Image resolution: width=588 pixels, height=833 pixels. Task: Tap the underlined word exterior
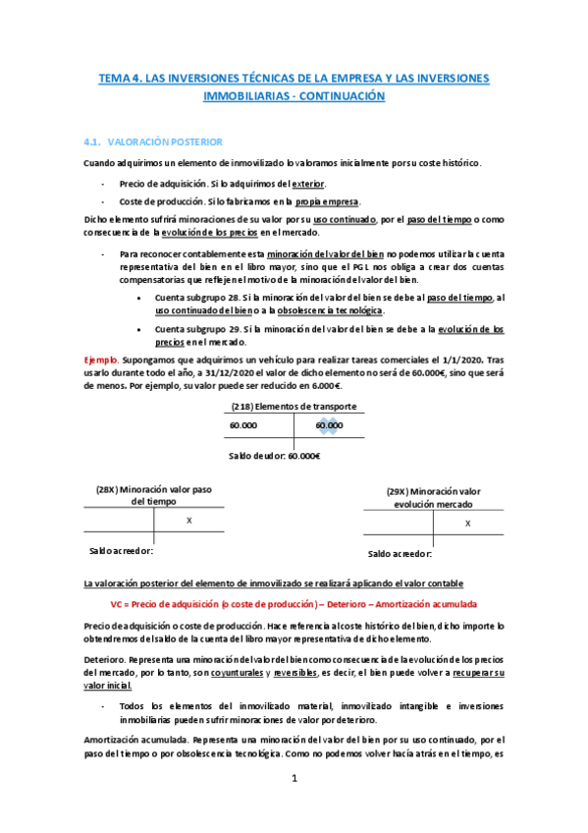(307, 184)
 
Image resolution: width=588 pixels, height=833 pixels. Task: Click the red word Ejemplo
(102, 361)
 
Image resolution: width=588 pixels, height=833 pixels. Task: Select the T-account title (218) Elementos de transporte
(293, 407)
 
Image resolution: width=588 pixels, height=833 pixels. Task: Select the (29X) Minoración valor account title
(433, 491)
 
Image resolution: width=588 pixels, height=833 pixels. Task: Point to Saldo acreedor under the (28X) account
(121, 551)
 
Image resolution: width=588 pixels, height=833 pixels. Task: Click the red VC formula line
(293, 604)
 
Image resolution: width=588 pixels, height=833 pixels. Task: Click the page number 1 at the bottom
(293, 778)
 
